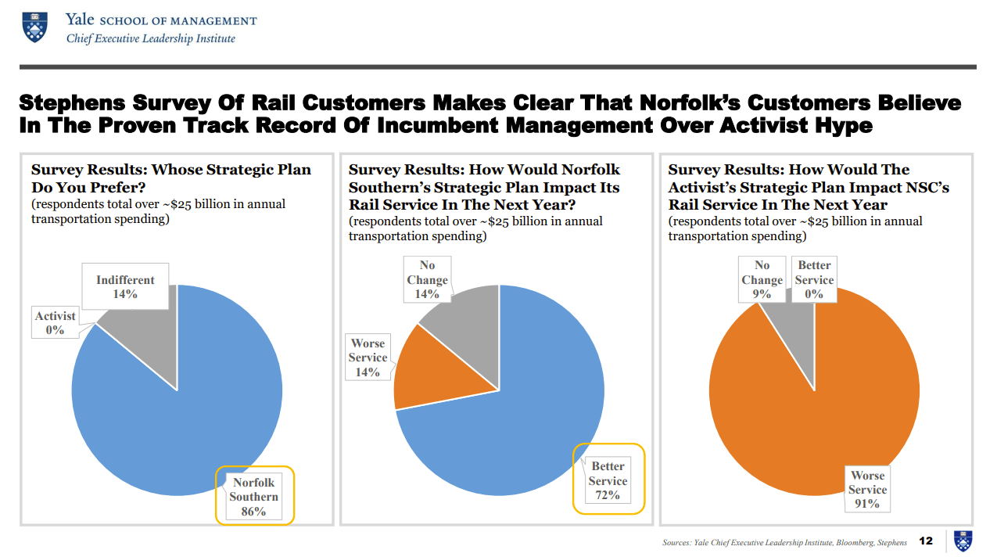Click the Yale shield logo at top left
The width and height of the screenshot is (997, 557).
coord(34,26)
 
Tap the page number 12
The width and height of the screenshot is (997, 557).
coord(926,541)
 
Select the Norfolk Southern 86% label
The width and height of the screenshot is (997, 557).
coord(254,497)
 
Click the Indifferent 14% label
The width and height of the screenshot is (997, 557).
coord(125,287)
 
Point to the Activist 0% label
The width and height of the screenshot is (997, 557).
coord(55,323)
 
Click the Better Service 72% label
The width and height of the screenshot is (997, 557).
coord(608,480)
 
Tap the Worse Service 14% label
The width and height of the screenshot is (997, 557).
coord(368,358)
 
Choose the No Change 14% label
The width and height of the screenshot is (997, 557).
coord(427,280)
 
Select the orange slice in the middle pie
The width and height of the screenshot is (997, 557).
coord(426,368)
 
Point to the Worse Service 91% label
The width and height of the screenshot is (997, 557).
coord(867,490)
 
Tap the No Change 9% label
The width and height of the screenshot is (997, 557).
coord(762,280)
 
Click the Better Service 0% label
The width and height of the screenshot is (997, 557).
coord(814,280)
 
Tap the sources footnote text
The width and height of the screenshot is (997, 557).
coord(784,542)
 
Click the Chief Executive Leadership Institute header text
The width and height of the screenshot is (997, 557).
coord(150,38)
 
